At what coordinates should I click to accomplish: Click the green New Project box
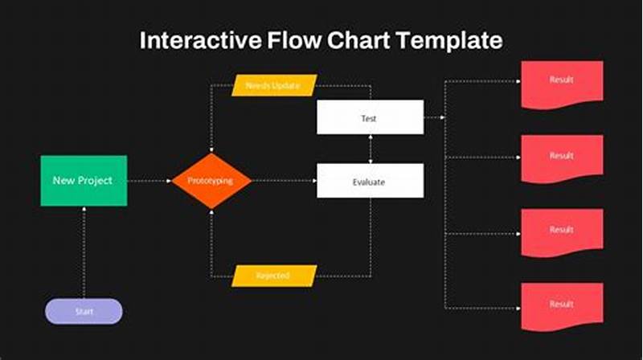pyautogui.click(x=84, y=181)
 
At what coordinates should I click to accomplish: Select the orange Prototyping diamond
pyautogui.click(x=211, y=181)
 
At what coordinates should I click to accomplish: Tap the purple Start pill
pyautogui.click(x=84, y=311)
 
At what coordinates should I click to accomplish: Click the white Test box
pyautogui.click(x=370, y=117)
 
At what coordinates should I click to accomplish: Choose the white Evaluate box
pyautogui.click(x=370, y=181)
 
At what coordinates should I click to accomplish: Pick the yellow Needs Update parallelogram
pyautogui.click(x=274, y=85)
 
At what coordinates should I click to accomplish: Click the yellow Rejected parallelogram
pyautogui.click(x=274, y=276)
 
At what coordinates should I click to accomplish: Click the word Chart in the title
pyautogui.click(x=357, y=41)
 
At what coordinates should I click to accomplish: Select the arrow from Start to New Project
pyautogui.click(x=84, y=253)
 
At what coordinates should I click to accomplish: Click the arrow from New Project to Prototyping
pyautogui.click(x=149, y=181)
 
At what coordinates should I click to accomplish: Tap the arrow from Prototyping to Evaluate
pyautogui.click(x=283, y=181)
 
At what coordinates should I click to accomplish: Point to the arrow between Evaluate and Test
pyautogui.click(x=370, y=149)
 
